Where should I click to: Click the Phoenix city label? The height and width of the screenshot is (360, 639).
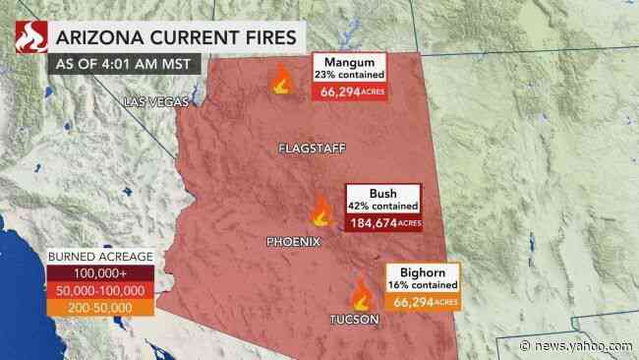pos(293,241)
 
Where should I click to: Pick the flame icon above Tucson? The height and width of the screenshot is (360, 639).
pos(361,293)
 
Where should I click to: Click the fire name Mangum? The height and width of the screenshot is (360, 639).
pos(349,61)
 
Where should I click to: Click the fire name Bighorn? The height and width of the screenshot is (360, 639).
pos(422,270)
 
